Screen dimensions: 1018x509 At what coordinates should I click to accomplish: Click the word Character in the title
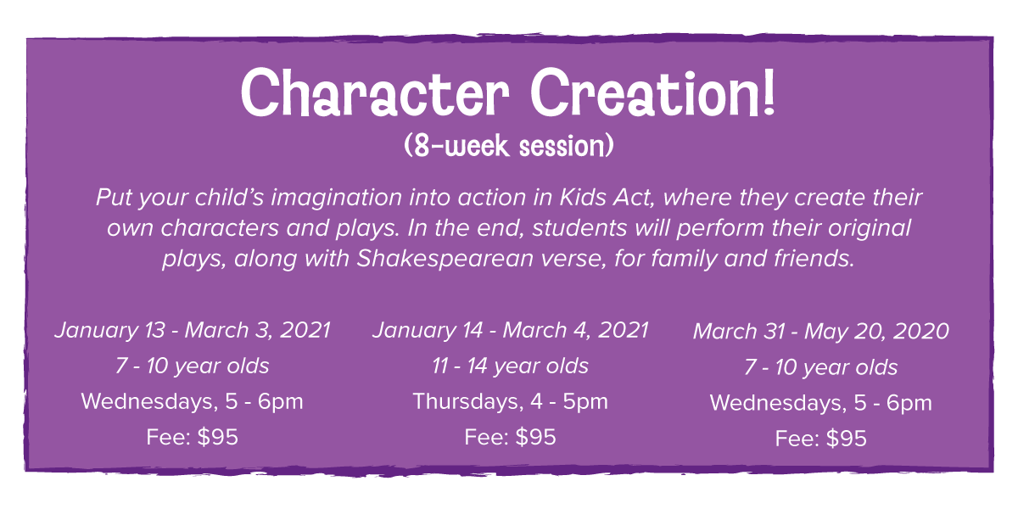point(375,92)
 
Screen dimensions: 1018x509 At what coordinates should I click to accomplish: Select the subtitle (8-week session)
point(509,145)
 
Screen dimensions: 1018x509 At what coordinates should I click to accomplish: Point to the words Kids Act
point(607,198)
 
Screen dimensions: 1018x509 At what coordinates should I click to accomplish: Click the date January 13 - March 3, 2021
point(193,330)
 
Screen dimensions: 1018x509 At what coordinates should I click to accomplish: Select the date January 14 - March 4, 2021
point(511,330)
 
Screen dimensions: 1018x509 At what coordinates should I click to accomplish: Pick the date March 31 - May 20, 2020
point(821,332)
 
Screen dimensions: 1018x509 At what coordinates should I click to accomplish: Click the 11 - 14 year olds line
point(510,366)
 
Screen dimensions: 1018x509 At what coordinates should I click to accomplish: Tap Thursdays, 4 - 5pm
point(510,402)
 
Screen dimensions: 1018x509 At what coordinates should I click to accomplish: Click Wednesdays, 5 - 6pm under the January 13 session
point(193,402)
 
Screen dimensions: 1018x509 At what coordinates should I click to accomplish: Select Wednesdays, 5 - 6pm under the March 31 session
point(821,403)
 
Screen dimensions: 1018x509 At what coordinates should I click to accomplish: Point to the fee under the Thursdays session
point(510,437)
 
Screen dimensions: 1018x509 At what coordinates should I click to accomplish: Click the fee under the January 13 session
point(193,437)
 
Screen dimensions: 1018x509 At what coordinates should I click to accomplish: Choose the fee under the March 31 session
point(821,439)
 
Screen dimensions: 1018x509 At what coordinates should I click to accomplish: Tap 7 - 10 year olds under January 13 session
point(193,366)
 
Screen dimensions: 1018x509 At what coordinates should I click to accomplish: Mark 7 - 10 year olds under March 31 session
point(821,367)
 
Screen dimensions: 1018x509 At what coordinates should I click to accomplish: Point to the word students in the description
point(580,227)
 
